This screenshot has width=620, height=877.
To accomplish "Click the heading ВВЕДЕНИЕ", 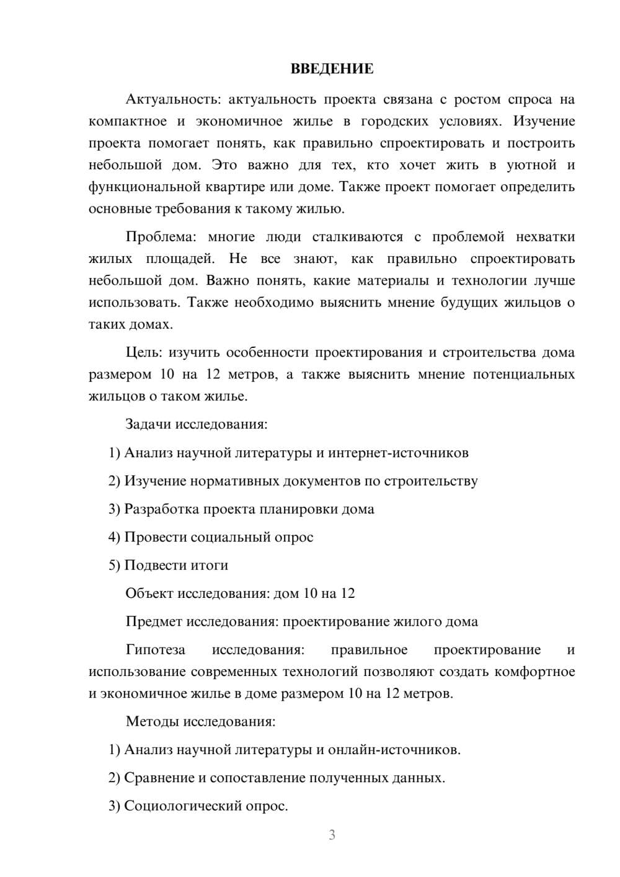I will click(332, 69).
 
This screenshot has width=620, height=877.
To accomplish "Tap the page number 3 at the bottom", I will click(332, 835).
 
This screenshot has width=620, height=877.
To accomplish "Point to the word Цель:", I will click(144, 352).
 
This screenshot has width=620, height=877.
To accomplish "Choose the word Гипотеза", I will click(155, 649).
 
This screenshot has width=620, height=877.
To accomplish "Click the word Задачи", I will click(149, 424).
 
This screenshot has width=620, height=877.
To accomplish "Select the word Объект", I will click(150, 593).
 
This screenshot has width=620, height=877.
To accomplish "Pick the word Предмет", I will click(154, 621).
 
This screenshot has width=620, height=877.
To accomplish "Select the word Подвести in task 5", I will click(154, 565).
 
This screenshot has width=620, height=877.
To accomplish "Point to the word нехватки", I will click(544, 237).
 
